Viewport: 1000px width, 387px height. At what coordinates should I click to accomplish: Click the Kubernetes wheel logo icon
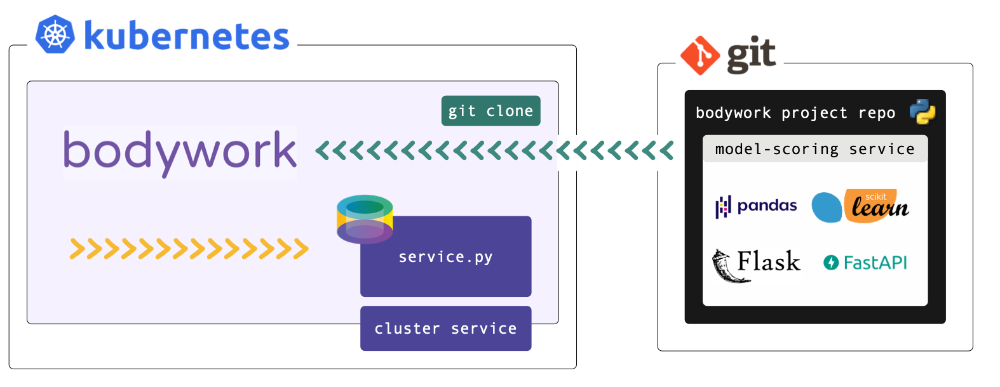(x=55, y=34)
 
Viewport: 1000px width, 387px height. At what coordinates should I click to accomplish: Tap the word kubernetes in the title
(x=187, y=36)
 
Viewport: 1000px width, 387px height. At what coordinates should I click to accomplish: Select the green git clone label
(x=490, y=111)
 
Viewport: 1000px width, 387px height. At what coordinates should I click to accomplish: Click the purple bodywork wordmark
(x=180, y=152)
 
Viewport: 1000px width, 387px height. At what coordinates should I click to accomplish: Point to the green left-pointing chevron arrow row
(x=494, y=151)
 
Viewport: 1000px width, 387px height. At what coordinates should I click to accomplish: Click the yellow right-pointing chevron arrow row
(x=189, y=249)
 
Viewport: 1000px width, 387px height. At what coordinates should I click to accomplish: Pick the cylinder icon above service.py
(x=365, y=219)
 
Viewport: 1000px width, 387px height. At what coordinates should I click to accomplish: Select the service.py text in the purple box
(x=445, y=257)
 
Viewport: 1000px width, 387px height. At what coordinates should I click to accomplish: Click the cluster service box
(x=445, y=329)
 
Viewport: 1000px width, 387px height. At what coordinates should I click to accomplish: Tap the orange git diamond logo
(x=700, y=56)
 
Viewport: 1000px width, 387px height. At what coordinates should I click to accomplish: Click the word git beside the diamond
(x=752, y=55)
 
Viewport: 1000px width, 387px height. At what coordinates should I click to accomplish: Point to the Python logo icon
(x=922, y=112)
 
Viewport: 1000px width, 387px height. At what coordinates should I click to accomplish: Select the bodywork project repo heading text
(x=795, y=113)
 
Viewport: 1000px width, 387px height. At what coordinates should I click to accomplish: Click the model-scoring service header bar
(x=814, y=149)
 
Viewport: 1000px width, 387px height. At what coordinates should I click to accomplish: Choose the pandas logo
(x=756, y=206)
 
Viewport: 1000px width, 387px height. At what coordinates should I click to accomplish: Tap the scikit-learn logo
(x=861, y=206)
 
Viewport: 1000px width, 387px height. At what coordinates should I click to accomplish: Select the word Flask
(x=769, y=261)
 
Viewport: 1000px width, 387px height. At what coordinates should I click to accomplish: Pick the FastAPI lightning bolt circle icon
(x=831, y=263)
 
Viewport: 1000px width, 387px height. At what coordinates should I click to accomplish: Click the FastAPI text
(x=875, y=263)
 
